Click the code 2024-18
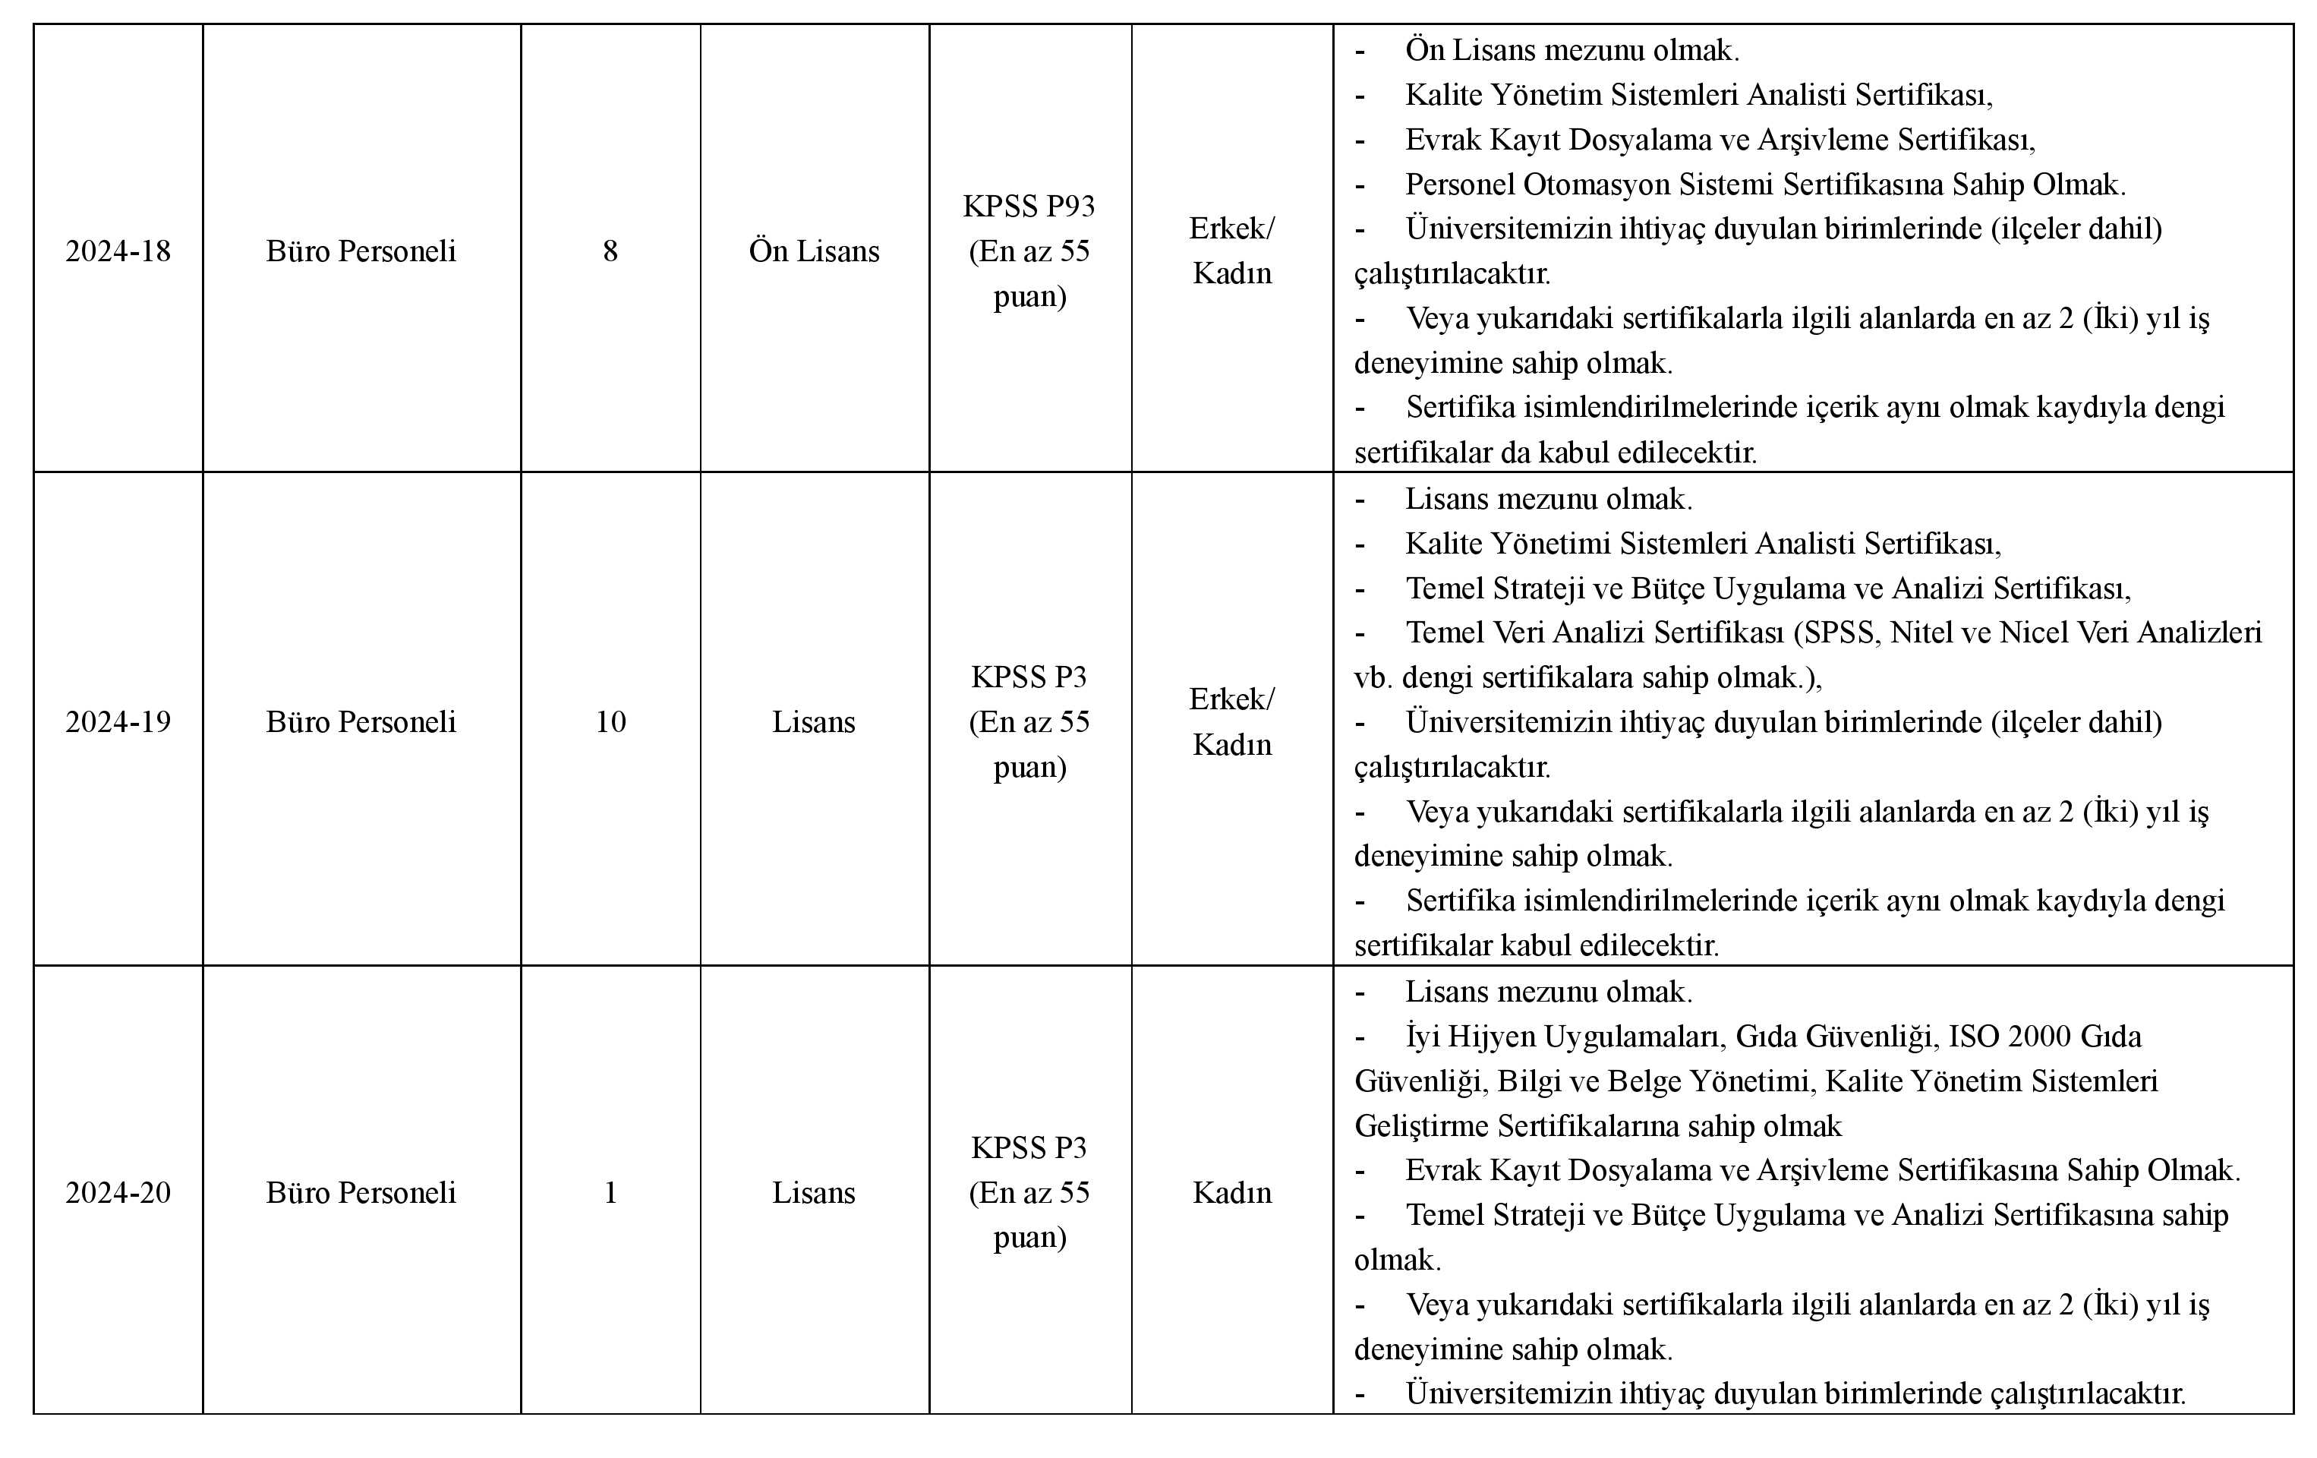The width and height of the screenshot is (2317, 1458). pyautogui.click(x=118, y=251)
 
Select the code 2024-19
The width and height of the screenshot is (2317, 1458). pyautogui.click(x=118, y=721)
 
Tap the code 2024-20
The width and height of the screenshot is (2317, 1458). pyautogui.click(x=118, y=1192)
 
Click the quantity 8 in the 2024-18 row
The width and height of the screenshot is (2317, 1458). pyautogui.click(x=610, y=251)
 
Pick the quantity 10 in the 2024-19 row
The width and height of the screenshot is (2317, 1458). pyautogui.click(x=610, y=721)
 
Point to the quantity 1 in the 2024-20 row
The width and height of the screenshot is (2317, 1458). pyautogui.click(x=610, y=1192)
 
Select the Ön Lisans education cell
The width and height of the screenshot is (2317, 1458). pyautogui.click(x=814, y=251)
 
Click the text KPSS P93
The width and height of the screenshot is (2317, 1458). pyautogui.click(x=1029, y=206)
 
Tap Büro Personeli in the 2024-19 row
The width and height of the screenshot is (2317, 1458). pyautogui.click(x=361, y=721)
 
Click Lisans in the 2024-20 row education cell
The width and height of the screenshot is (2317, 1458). pyautogui.click(x=814, y=1192)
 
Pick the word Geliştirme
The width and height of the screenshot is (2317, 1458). pyautogui.click(x=1422, y=1126)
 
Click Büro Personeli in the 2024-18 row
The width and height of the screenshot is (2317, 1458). pyautogui.click(x=361, y=251)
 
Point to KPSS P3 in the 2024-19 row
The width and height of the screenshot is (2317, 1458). pyautogui.click(x=1029, y=677)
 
